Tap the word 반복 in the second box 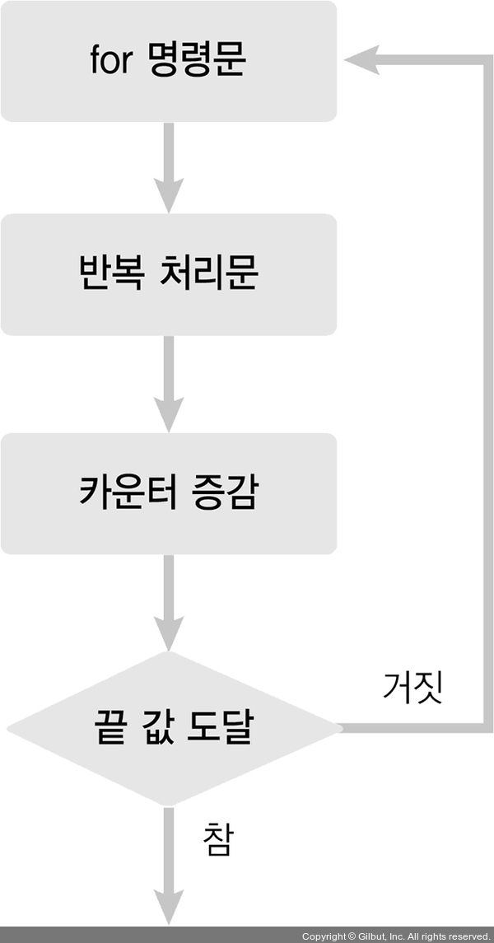[x=105, y=273]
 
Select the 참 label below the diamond [x=217, y=840]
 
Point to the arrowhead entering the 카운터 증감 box [x=168, y=415]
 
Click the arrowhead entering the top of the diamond [x=168, y=634]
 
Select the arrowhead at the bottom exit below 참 [x=168, y=908]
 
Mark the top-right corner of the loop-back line [x=486, y=60]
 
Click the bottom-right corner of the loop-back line [x=486, y=728]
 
